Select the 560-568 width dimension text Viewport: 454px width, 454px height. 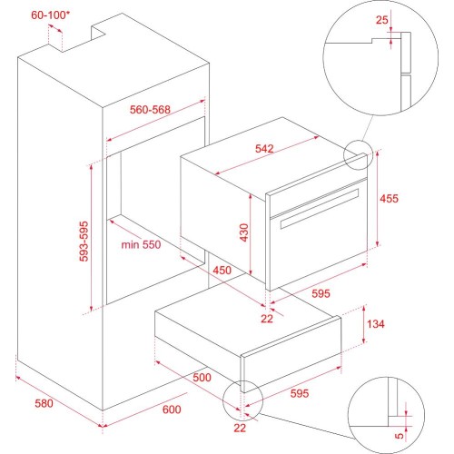coord(150,110)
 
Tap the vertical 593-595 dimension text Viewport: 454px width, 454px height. coord(84,242)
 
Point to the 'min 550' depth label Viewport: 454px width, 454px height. coord(141,244)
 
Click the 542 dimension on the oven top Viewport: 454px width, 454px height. coord(264,149)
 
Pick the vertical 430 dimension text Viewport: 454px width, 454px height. coord(244,232)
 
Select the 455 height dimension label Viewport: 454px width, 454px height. coord(390,199)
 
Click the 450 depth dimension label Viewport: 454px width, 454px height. coord(222,271)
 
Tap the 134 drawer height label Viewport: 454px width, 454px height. coord(376,324)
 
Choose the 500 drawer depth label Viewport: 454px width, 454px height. coord(202,378)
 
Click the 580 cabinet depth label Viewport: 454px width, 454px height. coord(44,403)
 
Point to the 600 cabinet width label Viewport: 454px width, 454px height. coord(172,410)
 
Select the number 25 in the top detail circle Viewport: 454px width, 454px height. coord(381,20)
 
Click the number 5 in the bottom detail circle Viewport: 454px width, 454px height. coord(400,436)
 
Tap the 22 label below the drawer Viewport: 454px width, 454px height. coord(240,428)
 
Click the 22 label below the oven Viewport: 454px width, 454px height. coord(267,319)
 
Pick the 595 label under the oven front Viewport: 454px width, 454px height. coord(321,293)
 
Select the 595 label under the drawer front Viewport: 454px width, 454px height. coord(300,393)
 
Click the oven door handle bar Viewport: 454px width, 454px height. coord(320,209)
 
